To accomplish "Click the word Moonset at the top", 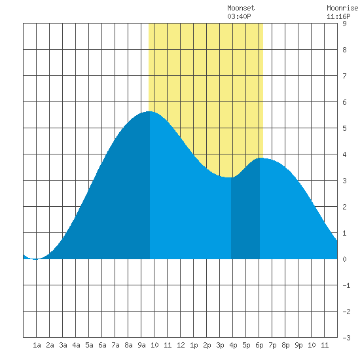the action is point(241,8).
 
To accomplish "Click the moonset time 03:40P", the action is point(239,16).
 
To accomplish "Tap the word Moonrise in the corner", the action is point(342,8).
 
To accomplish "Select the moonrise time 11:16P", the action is point(338,16).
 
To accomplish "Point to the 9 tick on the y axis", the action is point(344,24).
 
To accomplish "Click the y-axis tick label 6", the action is point(344,102).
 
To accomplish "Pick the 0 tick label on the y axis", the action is point(344,259).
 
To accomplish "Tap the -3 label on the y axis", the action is point(346,338).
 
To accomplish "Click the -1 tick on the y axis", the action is point(346,285).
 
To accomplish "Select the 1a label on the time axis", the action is point(37,345).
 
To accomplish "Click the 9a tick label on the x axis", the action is point(141,345).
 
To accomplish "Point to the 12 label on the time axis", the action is point(181,345).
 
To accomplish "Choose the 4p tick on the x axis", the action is point(233,345).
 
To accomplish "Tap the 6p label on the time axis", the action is point(259,345).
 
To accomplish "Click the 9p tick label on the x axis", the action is point(298,345).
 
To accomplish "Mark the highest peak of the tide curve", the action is point(150,111).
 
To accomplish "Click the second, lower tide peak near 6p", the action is point(261,158).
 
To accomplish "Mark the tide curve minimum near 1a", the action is point(35,259).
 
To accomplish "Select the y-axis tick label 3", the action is point(344,181).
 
